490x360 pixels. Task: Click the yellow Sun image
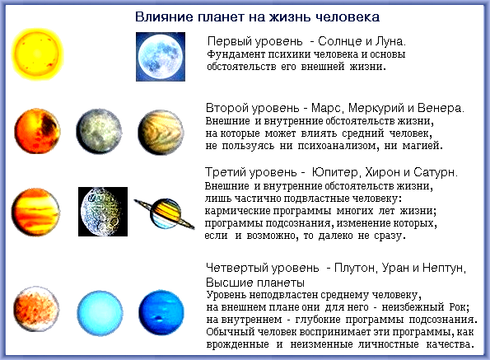(x=35, y=54)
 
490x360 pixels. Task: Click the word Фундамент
(x=236, y=54)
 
